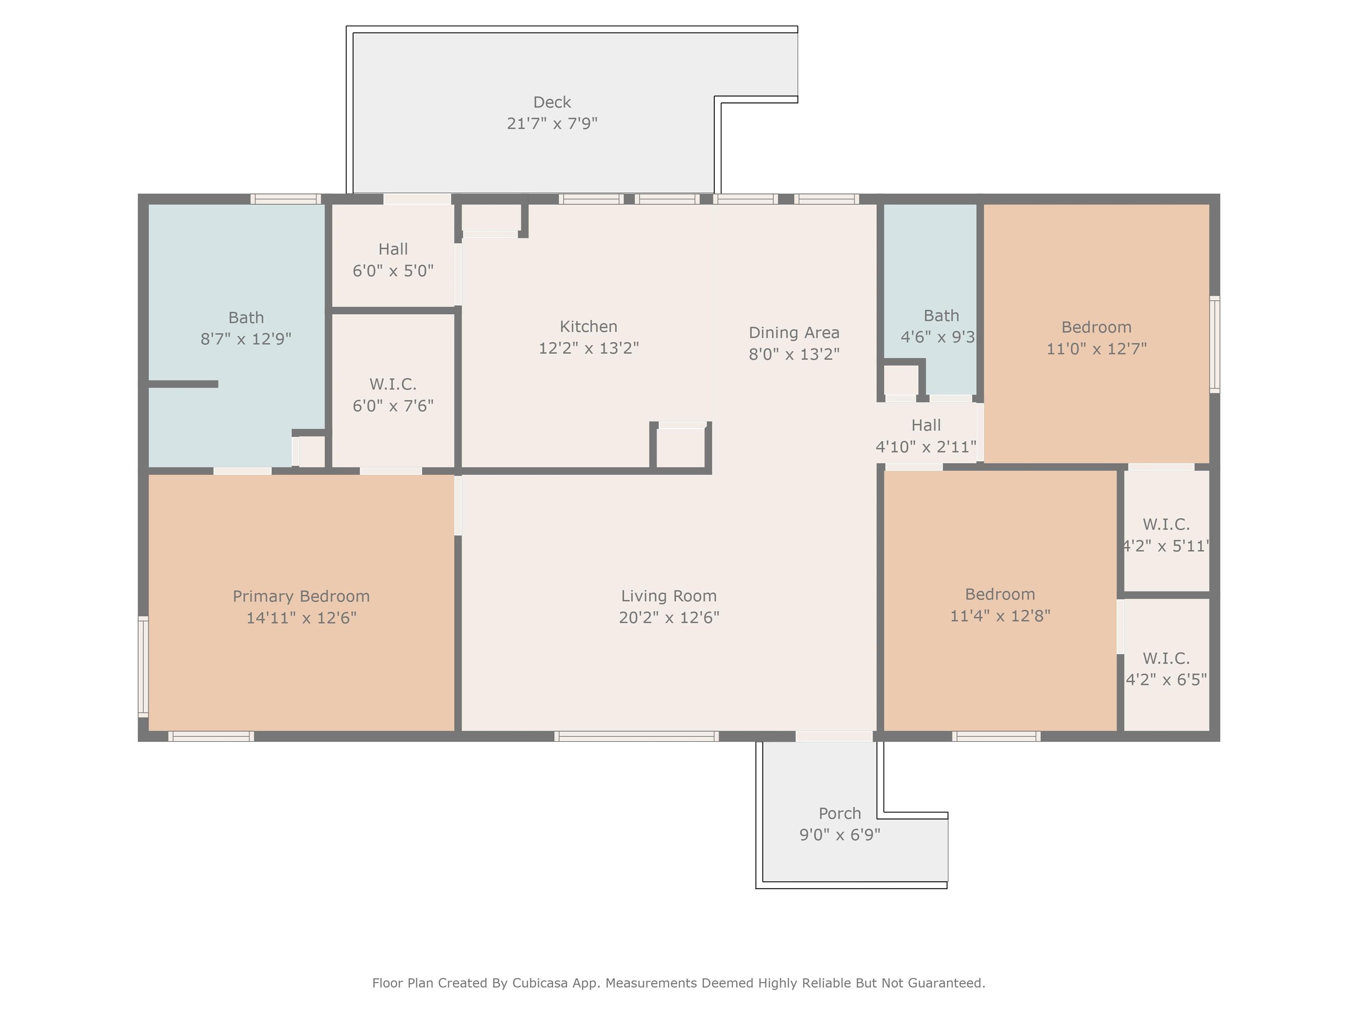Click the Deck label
click(552, 102)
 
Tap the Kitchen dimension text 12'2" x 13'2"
click(589, 348)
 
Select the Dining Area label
click(794, 333)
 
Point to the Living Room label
click(668, 596)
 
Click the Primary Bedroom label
click(301, 596)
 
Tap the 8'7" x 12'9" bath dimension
click(246, 339)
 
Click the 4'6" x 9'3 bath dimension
click(938, 337)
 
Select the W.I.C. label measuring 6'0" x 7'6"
click(393, 384)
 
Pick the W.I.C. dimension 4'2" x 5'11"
click(1166, 546)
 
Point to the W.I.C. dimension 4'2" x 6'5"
click(1166, 680)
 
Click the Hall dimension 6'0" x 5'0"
click(393, 270)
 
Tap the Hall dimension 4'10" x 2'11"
click(926, 447)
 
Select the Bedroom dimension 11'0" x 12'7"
click(1096, 349)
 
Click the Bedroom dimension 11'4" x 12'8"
click(1000, 615)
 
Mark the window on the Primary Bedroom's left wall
click(143, 666)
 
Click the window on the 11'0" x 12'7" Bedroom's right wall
click(1214, 344)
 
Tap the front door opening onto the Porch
click(834, 737)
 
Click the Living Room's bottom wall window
click(637, 737)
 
